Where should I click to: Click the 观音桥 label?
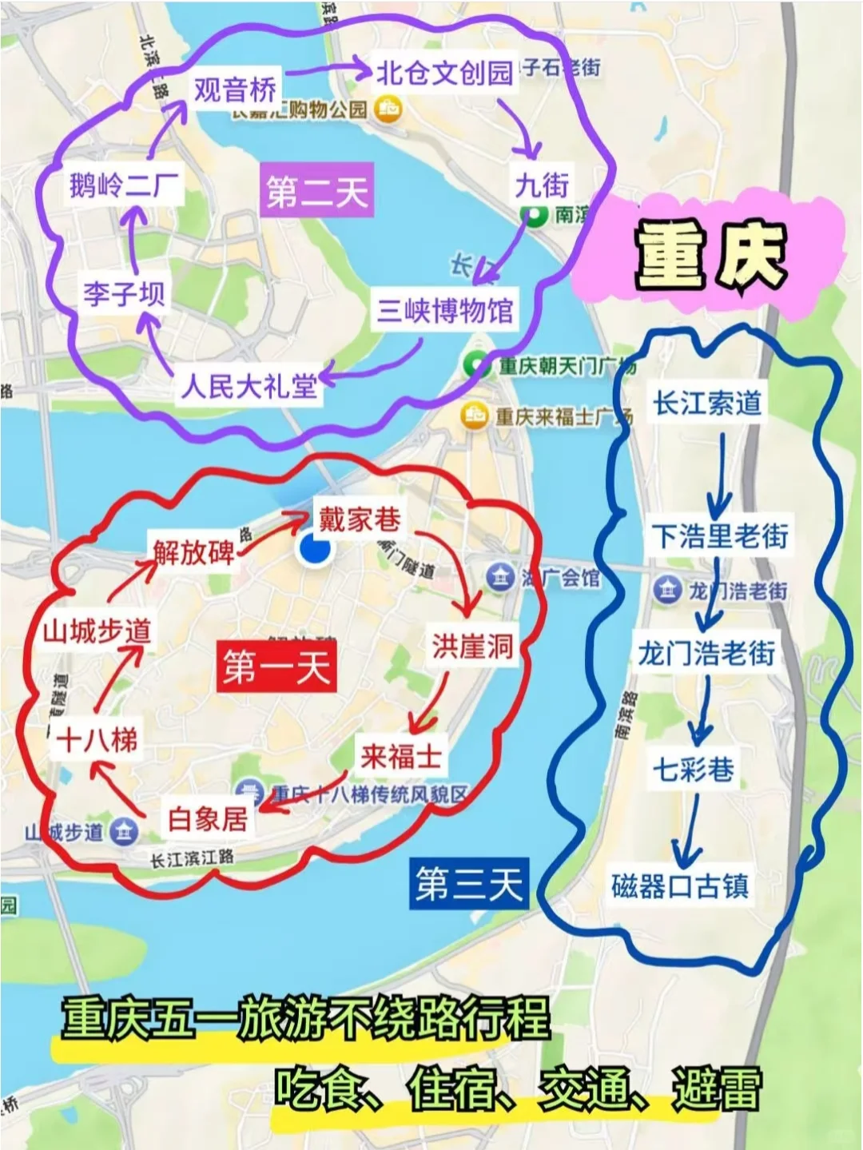(x=235, y=89)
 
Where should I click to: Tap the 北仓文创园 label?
(x=444, y=73)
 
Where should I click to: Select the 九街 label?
(x=542, y=185)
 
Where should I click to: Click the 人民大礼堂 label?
(x=249, y=387)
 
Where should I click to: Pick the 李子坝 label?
(x=124, y=293)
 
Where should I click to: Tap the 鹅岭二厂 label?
(x=124, y=186)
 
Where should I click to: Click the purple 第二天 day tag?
(x=317, y=192)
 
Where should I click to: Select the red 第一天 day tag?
(x=276, y=667)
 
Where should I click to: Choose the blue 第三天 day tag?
(x=468, y=884)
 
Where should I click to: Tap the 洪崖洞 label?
(x=472, y=646)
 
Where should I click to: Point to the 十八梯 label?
(x=97, y=740)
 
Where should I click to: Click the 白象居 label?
(x=208, y=818)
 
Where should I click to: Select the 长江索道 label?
(x=707, y=403)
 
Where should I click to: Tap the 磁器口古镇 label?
(x=680, y=886)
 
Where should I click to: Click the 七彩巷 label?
(x=694, y=770)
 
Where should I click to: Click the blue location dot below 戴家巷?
(x=315, y=550)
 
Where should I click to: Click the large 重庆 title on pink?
(x=710, y=255)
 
